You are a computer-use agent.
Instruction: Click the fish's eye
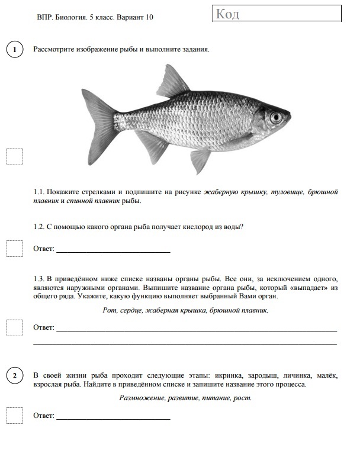275,117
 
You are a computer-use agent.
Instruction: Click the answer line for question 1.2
112,251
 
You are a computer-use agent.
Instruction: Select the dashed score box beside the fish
14,156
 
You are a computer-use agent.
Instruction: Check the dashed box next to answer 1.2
14,249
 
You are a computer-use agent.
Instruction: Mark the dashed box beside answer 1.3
14,327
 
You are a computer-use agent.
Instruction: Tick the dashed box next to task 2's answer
14,416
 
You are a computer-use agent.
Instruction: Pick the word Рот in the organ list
109,310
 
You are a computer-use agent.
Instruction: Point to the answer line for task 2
112,418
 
